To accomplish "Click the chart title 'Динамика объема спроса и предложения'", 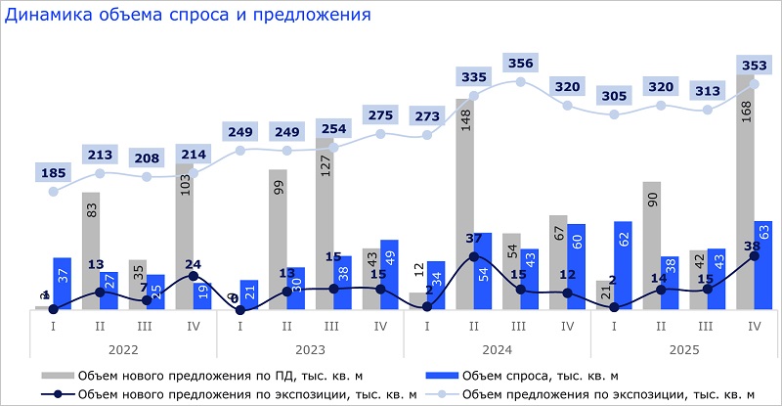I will pyautogui.click(x=187, y=16).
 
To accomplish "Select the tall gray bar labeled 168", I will pyautogui.click(x=745, y=196).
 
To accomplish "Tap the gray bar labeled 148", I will pyautogui.click(x=464, y=205).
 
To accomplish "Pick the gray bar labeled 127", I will pyautogui.click(x=324, y=225).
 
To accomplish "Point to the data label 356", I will pyautogui.click(x=521, y=64).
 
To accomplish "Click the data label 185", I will pyautogui.click(x=54, y=173).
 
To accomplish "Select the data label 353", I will pyautogui.click(x=754, y=66).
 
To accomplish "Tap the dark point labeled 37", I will pyautogui.click(x=474, y=256).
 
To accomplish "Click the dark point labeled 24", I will pyautogui.click(x=194, y=277).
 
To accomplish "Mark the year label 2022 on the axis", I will pyautogui.click(x=123, y=348).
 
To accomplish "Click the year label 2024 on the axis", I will pyautogui.click(x=498, y=348).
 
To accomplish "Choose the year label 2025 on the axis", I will pyautogui.click(x=684, y=348).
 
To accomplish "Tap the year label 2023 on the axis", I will pyautogui.click(x=310, y=348).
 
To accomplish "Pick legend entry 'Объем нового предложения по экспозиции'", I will pyautogui.click(x=235, y=393).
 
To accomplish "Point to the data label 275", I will pyautogui.click(x=380, y=114).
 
